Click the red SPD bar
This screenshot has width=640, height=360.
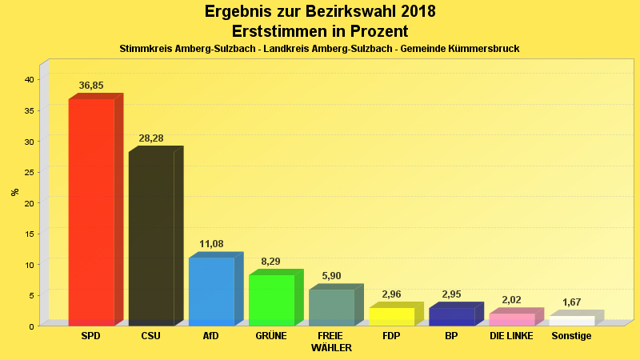click(91, 212)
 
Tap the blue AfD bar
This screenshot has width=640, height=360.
click(211, 291)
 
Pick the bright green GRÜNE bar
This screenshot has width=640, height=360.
click(271, 300)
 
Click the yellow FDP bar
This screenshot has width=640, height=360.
click(391, 317)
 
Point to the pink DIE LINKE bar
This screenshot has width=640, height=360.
click(511, 319)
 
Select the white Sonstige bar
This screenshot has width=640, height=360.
click(571, 321)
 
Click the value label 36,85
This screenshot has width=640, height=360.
click(91, 86)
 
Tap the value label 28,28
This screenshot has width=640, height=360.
click(151, 138)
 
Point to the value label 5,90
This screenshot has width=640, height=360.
click(331, 276)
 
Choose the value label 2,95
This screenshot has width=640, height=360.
click(451, 294)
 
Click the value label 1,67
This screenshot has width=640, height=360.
click(571, 302)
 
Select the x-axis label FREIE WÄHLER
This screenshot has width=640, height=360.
click(331, 342)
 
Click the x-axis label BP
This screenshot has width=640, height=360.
click(451, 336)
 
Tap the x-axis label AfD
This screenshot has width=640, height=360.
click(211, 336)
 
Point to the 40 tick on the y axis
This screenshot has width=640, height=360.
click(28, 79)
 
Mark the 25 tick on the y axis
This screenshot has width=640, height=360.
click(28, 172)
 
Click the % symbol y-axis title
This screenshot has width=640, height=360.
click(14, 192)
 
